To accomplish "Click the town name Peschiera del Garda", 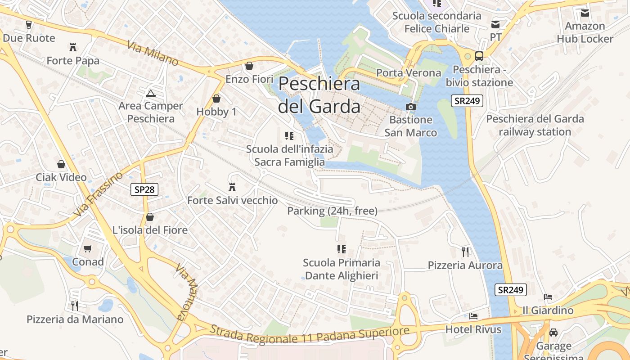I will click(319, 95).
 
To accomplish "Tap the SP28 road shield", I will click(144, 189).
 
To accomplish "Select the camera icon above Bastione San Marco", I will click(410, 107).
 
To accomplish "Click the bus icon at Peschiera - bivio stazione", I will click(479, 56).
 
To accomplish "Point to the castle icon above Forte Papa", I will click(72, 47).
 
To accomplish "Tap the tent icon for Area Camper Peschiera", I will click(150, 93).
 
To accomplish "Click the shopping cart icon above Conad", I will click(88, 248).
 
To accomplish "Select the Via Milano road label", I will click(153, 54).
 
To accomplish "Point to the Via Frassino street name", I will click(99, 193).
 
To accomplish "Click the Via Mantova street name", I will click(187, 292).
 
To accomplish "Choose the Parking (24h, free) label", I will click(332, 211).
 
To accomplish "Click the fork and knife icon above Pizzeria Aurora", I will click(465, 252).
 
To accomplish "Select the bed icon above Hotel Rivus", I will click(473, 316).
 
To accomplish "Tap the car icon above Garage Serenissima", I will click(553, 333).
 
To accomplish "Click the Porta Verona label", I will click(409, 72).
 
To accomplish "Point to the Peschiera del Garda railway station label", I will click(535, 125).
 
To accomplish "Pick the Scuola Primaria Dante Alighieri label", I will click(342, 269).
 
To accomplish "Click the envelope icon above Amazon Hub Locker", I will click(585, 13).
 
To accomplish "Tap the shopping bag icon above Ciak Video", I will click(61, 164).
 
